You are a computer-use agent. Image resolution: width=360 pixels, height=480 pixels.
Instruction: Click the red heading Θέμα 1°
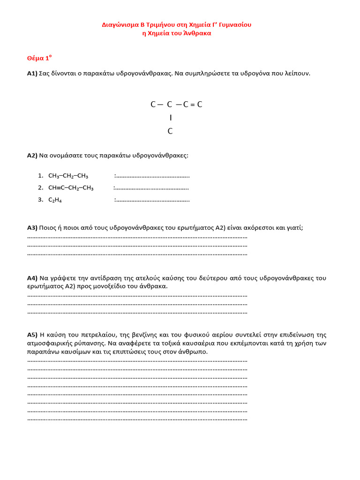click(39, 58)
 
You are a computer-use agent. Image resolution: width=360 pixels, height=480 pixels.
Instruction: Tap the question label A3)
click(32, 228)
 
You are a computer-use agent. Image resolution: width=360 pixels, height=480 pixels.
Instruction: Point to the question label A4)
click(32, 278)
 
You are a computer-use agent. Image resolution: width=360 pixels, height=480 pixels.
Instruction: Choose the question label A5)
click(32, 335)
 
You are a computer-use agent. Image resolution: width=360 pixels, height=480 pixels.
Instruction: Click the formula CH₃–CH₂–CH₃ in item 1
click(68, 176)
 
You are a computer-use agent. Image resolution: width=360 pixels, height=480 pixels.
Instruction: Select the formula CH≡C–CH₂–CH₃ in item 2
click(71, 188)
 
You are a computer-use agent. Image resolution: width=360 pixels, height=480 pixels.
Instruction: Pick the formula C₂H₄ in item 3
click(55, 200)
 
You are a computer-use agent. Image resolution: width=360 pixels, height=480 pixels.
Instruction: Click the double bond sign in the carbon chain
click(192, 105)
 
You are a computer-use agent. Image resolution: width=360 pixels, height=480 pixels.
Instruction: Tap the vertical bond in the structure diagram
click(171, 118)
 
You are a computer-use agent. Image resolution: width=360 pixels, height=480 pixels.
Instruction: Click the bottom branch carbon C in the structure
click(170, 132)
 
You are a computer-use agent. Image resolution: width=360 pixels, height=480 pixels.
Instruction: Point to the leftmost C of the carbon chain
click(153, 105)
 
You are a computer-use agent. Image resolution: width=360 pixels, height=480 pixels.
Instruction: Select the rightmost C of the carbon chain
click(200, 105)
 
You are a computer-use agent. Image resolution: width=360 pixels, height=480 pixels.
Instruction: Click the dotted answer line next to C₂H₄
click(152, 200)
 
